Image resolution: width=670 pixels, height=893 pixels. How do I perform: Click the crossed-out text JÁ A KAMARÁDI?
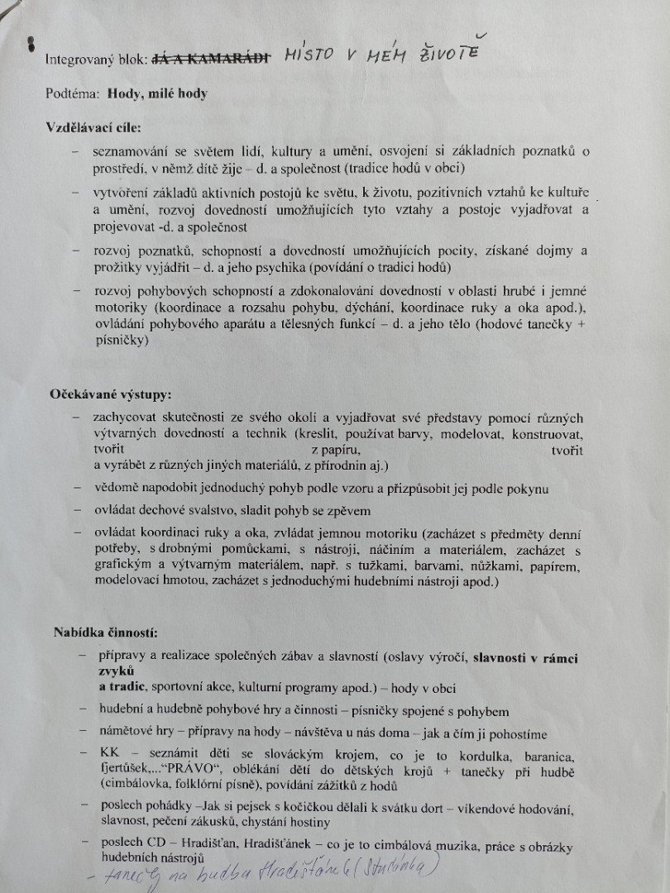(213, 59)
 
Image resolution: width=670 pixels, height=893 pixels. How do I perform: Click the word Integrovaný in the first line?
(82, 60)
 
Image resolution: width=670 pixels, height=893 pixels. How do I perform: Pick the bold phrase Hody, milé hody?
(157, 93)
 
